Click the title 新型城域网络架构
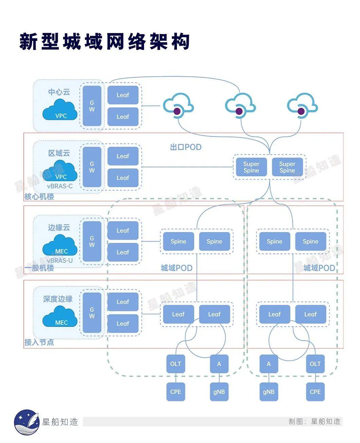pos(104,42)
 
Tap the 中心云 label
pos(59,92)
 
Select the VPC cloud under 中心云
pos(60,110)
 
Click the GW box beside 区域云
pos(92,167)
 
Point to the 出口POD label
pos(185,147)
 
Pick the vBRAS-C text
pos(60,186)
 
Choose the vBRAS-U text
pos(60,261)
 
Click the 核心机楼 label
pos(39,197)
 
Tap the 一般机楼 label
pos(39,268)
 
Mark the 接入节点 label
pos(39,342)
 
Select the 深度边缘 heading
pos(58,299)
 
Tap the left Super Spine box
pos(251,167)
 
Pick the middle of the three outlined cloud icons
pos(240,106)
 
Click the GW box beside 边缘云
pos(92,241)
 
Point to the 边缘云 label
pos(59,227)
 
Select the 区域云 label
pos(59,153)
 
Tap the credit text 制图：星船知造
pos(314,422)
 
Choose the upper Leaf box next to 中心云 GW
pos(123,95)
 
